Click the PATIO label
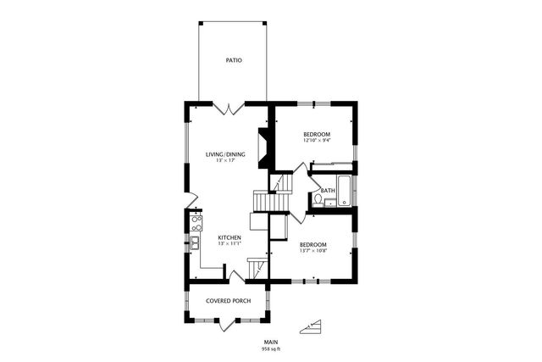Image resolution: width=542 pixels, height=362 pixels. click(x=234, y=60)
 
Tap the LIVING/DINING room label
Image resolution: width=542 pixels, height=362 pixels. click(x=225, y=154)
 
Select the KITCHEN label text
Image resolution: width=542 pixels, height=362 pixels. click(x=230, y=237)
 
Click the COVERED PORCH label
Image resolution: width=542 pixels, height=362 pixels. click(x=229, y=301)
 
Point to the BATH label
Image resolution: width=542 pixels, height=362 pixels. click(x=328, y=191)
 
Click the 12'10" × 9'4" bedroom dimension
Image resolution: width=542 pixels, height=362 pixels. click(x=317, y=141)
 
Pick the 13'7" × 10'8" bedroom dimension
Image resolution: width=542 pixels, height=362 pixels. click(x=313, y=251)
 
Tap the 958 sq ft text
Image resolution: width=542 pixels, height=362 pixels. click(x=271, y=348)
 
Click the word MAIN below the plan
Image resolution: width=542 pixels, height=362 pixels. click(x=271, y=343)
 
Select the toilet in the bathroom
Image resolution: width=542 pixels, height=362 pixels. click(x=318, y=200)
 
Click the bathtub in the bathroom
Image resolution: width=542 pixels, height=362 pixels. click(x=345, y=191)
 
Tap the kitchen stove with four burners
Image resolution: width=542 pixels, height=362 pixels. click(x=196, y=223)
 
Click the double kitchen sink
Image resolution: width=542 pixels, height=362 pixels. click(x=195, y=243)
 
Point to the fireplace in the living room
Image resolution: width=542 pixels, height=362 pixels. click(x=264, y=148)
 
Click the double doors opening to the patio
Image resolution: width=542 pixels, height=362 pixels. click(x=229, y=108)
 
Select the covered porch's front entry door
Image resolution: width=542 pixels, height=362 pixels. click(x=228, y=325)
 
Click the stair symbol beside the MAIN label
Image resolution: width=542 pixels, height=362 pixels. click(x=311, y=327)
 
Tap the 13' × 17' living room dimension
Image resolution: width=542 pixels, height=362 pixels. click(x=225, y=160)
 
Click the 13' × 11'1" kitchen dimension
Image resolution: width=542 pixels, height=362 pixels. click(x=230, y=243)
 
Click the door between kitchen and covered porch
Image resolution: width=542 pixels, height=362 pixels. click(x=237, y=277)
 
